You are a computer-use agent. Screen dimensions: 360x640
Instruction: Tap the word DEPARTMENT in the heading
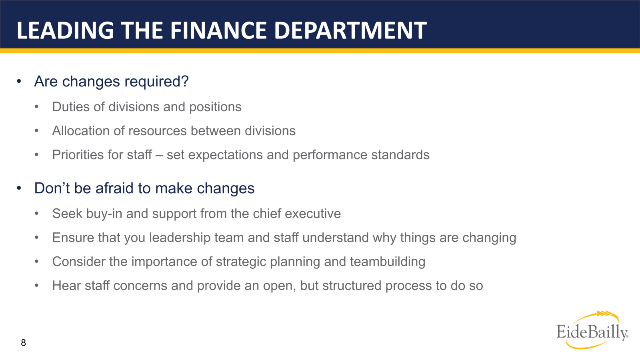[350, 30]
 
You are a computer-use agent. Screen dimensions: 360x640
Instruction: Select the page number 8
[24, 343]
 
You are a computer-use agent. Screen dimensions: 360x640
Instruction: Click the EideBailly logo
[592, 331]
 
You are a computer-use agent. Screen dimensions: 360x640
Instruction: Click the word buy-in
[104, 214]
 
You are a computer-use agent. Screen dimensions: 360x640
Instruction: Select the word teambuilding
[388, 262]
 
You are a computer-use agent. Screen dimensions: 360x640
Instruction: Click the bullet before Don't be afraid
[19, 188]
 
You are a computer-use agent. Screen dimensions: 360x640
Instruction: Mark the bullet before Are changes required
[19, 82]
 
